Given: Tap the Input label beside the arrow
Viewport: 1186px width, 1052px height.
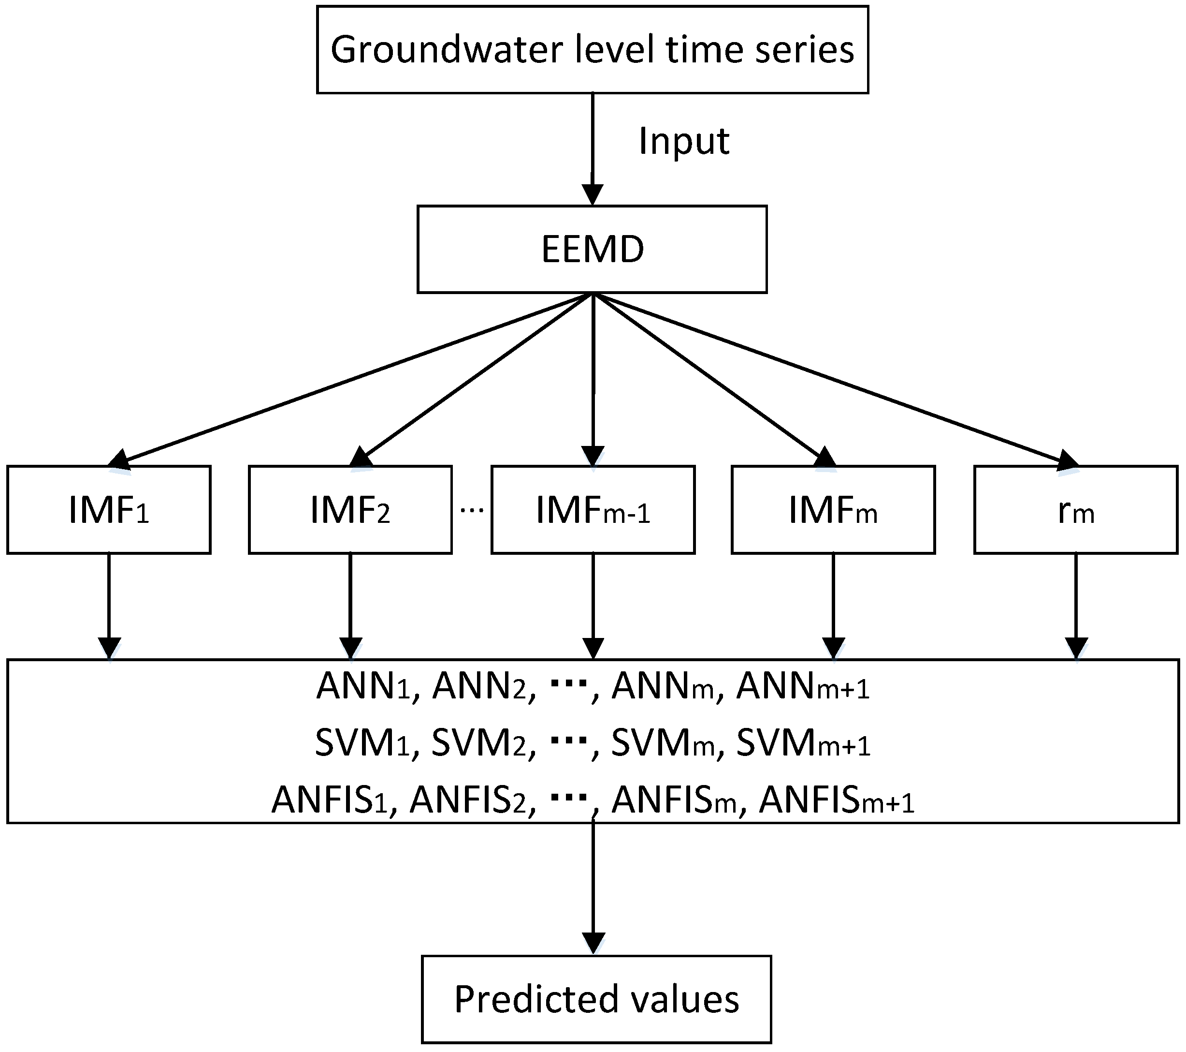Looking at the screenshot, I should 683,141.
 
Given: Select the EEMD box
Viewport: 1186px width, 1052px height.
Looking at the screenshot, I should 592,249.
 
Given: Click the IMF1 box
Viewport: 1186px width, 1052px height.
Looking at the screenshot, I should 109,510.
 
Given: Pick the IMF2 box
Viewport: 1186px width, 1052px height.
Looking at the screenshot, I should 350,510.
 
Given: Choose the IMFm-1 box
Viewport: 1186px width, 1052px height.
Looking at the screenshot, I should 593,510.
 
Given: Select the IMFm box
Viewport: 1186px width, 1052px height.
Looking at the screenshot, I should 833,510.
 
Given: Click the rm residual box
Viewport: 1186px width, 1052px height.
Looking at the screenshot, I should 1075,510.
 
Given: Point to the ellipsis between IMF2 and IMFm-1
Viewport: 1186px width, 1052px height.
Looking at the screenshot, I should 472,510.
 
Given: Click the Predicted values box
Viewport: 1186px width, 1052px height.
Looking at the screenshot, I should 596,999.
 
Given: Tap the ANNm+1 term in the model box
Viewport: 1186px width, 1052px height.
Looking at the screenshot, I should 802,687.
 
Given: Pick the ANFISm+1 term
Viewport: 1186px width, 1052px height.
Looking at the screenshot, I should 836,800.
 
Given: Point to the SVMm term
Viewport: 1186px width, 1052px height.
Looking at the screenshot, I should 662,743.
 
